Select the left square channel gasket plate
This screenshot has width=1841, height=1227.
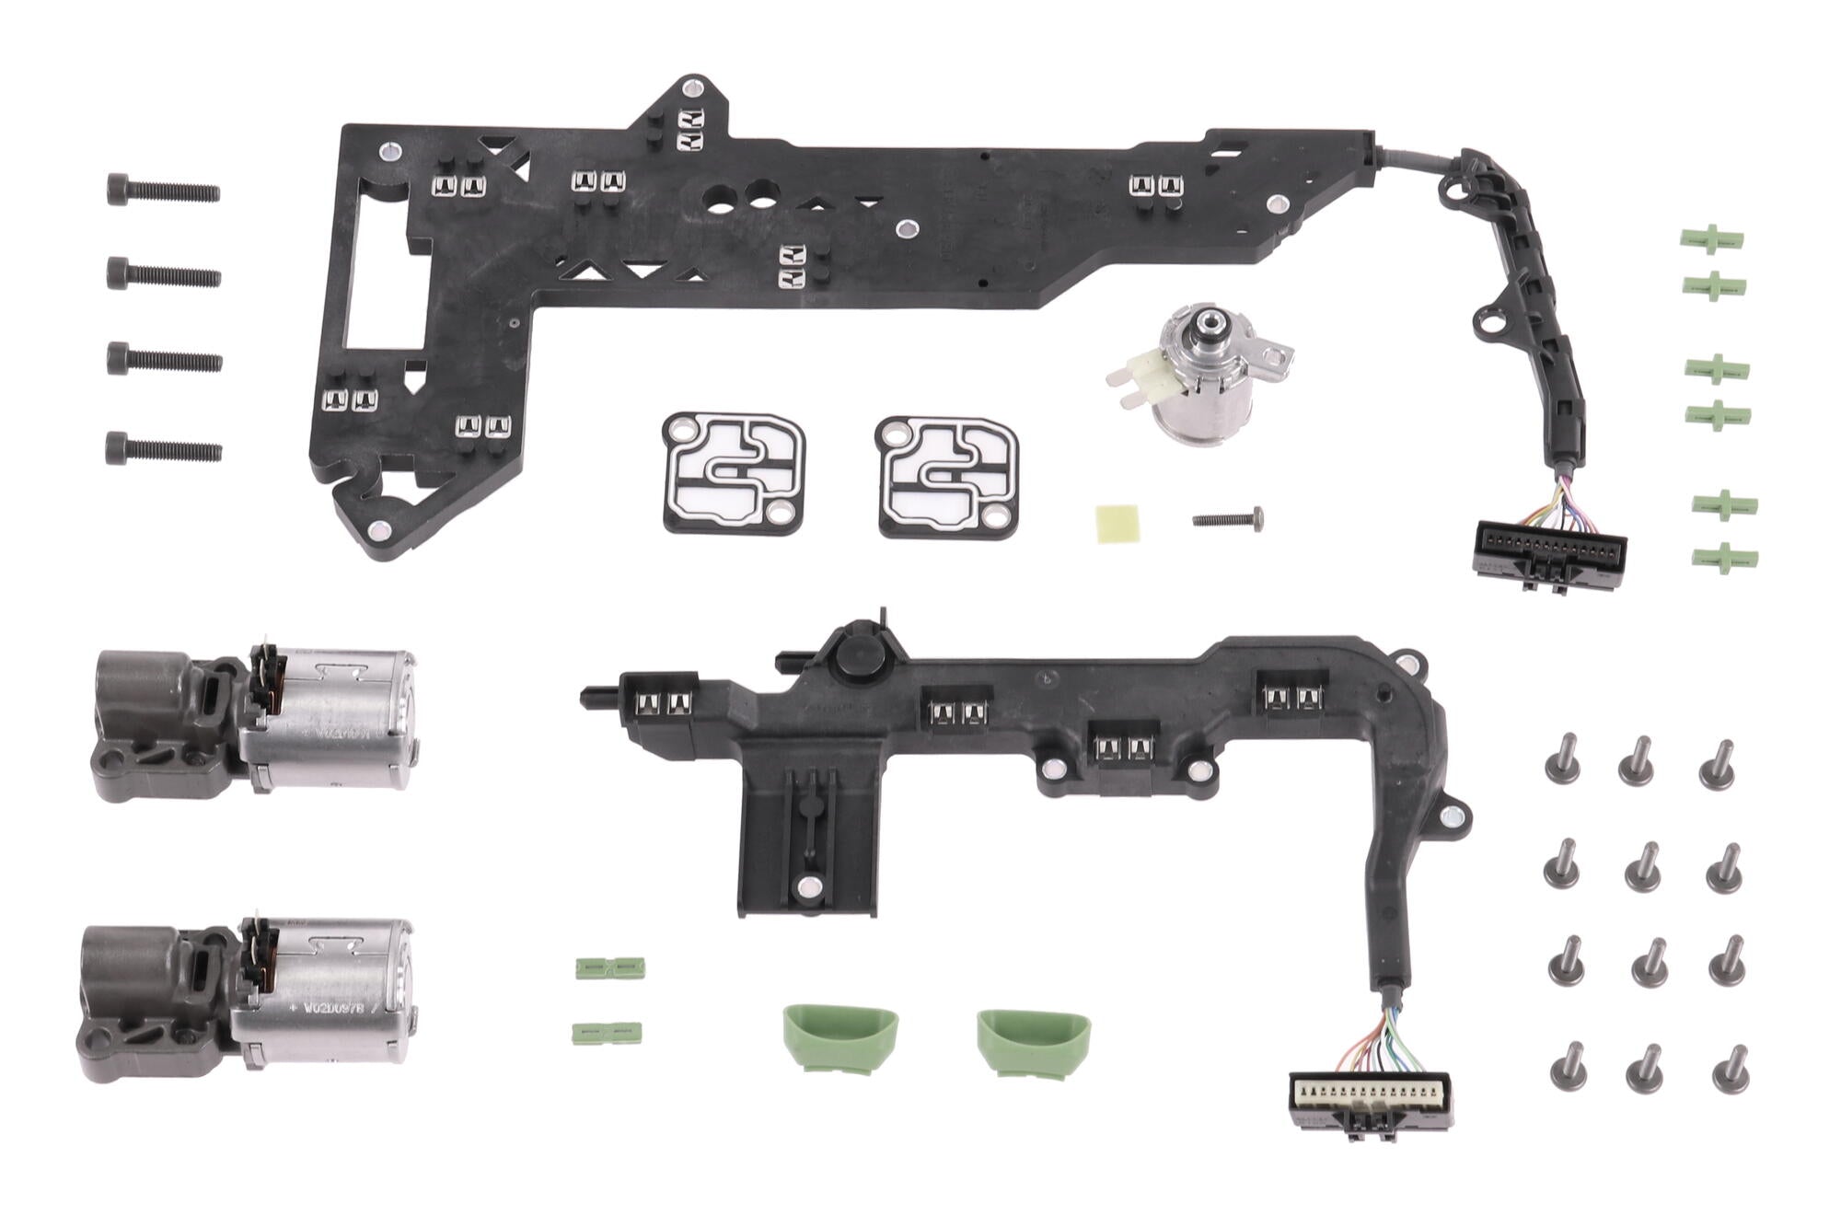tap(735, 473)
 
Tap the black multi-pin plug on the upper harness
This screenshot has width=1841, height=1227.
tap(1550, 551)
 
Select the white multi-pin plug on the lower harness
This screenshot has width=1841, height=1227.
tap(1370, 1096)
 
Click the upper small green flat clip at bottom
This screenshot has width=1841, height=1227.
tap(609, 967)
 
